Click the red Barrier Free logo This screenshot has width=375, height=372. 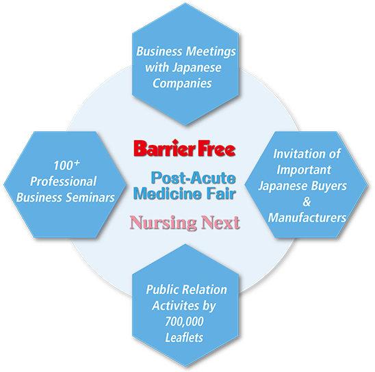[185, 148]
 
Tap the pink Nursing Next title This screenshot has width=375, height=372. [185, 223]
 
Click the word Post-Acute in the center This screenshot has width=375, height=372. [193, 178]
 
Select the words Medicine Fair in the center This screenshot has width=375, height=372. [185, 194]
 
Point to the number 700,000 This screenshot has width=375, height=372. [184, 321]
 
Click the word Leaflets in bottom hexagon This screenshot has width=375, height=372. [184, 338]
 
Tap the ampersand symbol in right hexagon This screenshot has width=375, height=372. [307, 202]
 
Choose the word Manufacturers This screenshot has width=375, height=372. [307, 217]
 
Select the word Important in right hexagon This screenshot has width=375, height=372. [304, 170]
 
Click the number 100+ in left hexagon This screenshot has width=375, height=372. [66, 165]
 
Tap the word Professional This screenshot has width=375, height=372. [64, 181]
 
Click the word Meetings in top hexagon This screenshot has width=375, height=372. [211, 52]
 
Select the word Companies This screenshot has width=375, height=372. [182, 83]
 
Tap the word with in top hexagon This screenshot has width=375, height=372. [157, 68]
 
